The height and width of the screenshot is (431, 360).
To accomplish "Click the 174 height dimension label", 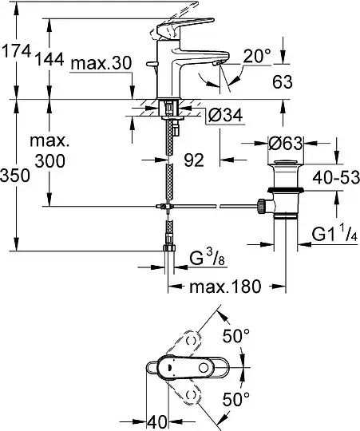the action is point(15,52).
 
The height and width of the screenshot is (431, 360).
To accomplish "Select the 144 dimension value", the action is point(49,59).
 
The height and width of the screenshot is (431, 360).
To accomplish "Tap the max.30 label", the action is point(101,64).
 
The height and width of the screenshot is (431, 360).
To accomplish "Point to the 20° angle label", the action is point(257,57).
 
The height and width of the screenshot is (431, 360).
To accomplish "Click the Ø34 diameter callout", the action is point(225,115).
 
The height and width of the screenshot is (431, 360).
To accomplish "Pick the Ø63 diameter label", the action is point(286,143).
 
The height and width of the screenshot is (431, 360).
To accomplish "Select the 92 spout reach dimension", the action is point(194,160).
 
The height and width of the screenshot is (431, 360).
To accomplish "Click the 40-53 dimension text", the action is point(336,177).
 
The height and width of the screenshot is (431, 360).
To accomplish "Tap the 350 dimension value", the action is point(14,176).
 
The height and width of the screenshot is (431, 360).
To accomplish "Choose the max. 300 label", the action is point(49,151).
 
